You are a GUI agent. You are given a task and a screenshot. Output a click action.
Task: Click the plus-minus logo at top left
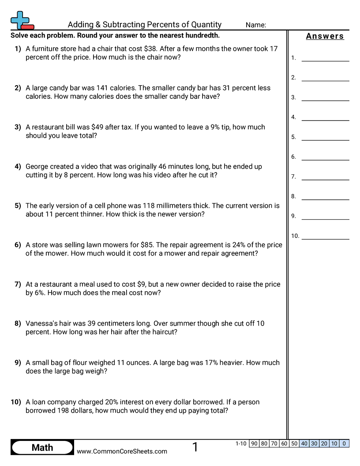[22, 20]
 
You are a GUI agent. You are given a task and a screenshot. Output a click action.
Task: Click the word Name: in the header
[256, 25]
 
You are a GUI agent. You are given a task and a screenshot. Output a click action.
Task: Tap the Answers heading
[325, 36]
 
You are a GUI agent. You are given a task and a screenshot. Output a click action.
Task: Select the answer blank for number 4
[325, 117]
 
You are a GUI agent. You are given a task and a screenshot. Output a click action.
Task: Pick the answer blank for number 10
[325, 236]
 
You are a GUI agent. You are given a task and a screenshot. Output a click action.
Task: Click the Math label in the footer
[42, 447]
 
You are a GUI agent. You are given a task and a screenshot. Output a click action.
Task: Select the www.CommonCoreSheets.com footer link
[122, 451]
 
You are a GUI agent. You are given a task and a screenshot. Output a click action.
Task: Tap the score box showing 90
[254, 443]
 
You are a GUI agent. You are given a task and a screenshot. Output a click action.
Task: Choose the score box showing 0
[344, 443]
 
